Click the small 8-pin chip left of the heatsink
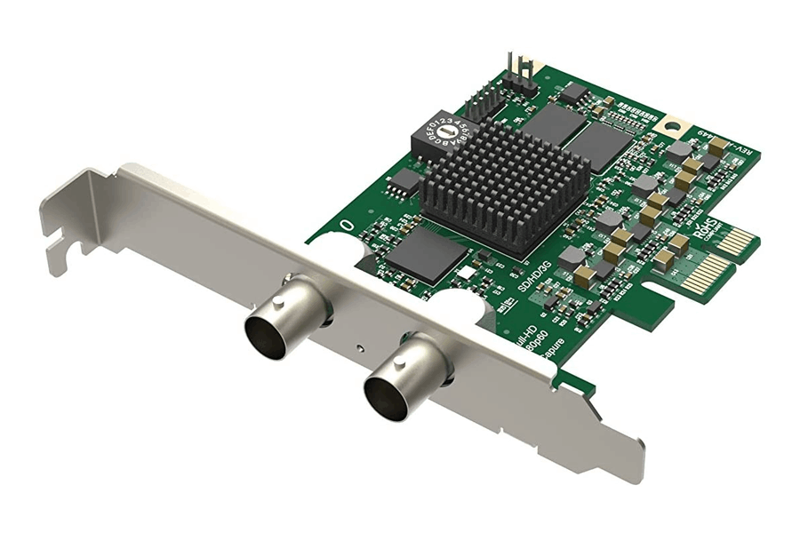point(405,181)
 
